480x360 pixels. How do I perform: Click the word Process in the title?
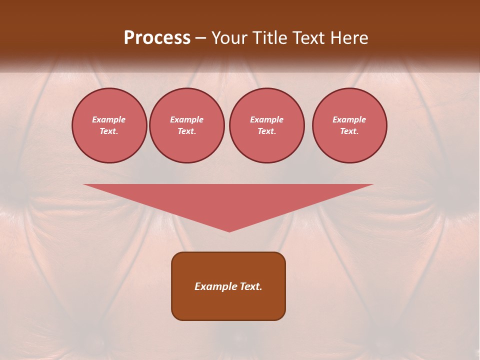[157, 38]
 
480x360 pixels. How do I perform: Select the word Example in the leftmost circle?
[109, 119]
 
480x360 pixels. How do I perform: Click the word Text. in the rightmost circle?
[349, 131]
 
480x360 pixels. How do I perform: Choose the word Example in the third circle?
[267, 119]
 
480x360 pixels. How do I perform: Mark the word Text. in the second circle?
[187, 131]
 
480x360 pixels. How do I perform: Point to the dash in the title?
[201, 38]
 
